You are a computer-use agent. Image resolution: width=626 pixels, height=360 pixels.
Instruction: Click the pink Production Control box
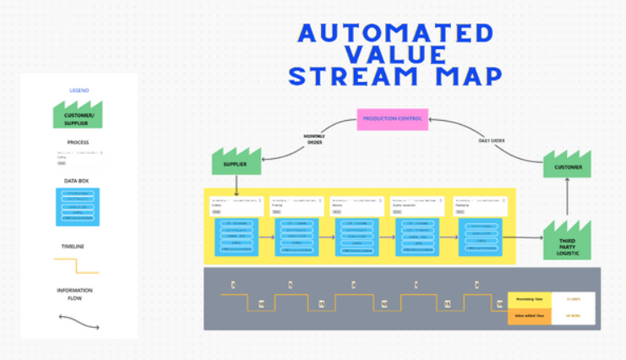point(392,118)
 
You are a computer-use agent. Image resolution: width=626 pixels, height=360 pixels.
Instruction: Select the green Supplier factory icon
point(237,161)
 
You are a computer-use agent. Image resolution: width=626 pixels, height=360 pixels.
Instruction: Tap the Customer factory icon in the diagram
point(568,165)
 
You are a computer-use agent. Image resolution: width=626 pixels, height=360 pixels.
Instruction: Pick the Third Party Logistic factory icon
point(568,240)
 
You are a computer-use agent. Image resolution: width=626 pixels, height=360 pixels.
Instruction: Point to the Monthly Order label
point(315,139)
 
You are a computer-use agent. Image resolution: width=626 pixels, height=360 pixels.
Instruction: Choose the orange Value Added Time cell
point(529,316)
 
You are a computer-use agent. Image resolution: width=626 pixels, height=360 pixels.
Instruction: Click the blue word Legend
point(79,90)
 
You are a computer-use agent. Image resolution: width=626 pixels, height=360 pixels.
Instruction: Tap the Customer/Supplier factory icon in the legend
point(79,115)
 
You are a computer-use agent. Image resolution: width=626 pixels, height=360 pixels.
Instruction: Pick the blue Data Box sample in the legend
point(79,206)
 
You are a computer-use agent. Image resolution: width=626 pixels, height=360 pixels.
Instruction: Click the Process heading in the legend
point(79,143)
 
